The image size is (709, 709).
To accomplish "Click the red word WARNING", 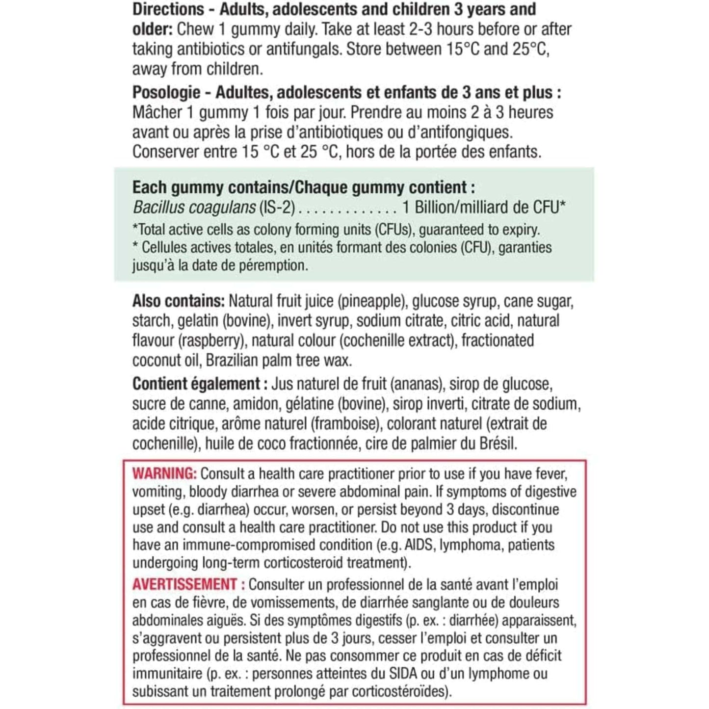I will tap(164, 473).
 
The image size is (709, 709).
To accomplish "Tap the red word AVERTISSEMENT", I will tap(184, 584).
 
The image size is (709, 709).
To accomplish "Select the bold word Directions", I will tap(168, 9).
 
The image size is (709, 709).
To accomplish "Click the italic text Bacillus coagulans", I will tap(194, 208).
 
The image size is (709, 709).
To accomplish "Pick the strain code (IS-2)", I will tap(277, 208).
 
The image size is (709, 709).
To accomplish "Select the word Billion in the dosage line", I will tap(440, 208).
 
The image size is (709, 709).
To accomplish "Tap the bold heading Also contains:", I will tap(178, 301).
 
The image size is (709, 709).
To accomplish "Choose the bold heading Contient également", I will tap(196, 384).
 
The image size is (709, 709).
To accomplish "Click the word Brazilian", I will tap(232, 361).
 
